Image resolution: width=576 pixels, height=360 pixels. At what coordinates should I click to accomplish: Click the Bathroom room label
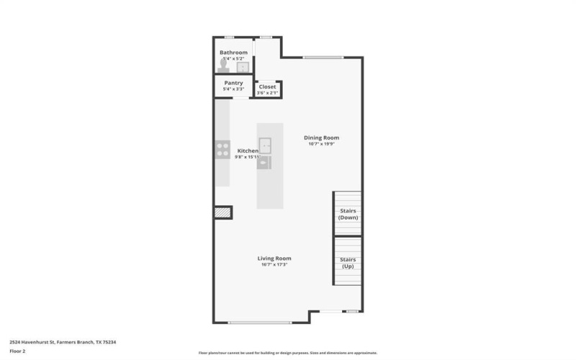[x=233, y=53]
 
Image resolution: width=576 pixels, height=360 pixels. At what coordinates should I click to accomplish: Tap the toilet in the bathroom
[x=223, y=66]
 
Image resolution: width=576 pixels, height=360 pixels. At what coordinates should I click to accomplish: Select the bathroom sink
[x=243, y=67]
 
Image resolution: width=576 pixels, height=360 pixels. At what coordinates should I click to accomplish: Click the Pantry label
[x=233, y=83]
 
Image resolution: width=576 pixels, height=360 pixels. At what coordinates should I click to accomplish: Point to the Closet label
[x=267, y=86]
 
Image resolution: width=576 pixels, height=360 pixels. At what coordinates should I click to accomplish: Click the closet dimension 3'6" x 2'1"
[x=267, y=93]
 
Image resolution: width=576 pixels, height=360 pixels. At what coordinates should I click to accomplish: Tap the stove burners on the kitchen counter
[x=222, y=150]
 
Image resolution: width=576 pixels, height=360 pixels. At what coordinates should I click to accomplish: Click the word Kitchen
[x=248, y=150]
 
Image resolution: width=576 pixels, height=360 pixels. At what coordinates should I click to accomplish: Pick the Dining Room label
[x=321, y=138]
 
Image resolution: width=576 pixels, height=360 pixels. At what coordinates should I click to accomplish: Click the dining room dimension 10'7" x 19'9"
[x=321, y=144]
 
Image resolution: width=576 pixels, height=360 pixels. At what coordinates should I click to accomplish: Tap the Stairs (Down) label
[x=348, y=214]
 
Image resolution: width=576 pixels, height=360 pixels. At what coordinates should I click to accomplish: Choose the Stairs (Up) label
[x=348, y=263]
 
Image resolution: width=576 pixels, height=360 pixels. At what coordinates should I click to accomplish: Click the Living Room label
[x=274, y=258]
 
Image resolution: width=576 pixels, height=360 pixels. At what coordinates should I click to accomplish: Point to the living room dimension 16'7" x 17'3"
[x=274, y=265]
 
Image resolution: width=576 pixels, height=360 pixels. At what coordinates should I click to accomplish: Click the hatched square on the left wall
[x=222, y=212]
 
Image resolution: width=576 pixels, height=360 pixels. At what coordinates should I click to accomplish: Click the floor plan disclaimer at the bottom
[x=288, y=353]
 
